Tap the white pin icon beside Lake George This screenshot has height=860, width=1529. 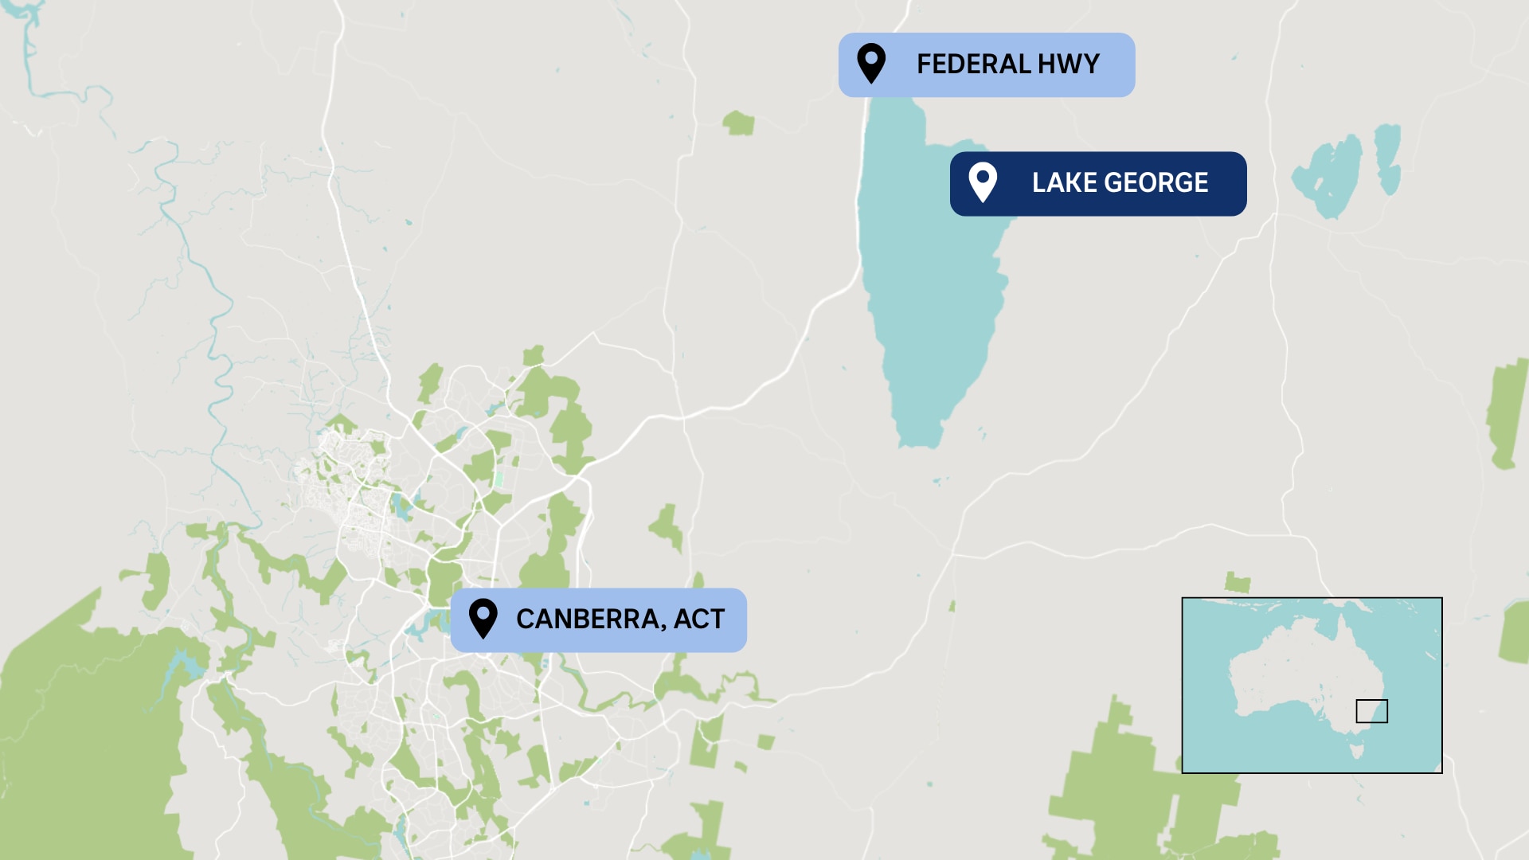pyautogui.click(x=983, y=182)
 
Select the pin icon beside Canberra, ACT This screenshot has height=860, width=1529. pyautogui.click(x=483, y=618)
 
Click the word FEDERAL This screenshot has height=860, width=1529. pyautogui.click(x=973, y=64)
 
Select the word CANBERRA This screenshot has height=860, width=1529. pyautogui.click(x=588, y=620)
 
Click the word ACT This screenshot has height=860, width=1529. pyautogui.click(x=699, y=620)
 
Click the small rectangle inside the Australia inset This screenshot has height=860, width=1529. pyautogui.click(x=1371, y=711)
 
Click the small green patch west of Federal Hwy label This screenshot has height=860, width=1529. pyautogui.click(x=739, y=123)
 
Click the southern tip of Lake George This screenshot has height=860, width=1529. pyautogui.click(x=920, y=438)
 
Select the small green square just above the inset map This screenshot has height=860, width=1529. pyautogui.click(x=1237, y=582)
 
